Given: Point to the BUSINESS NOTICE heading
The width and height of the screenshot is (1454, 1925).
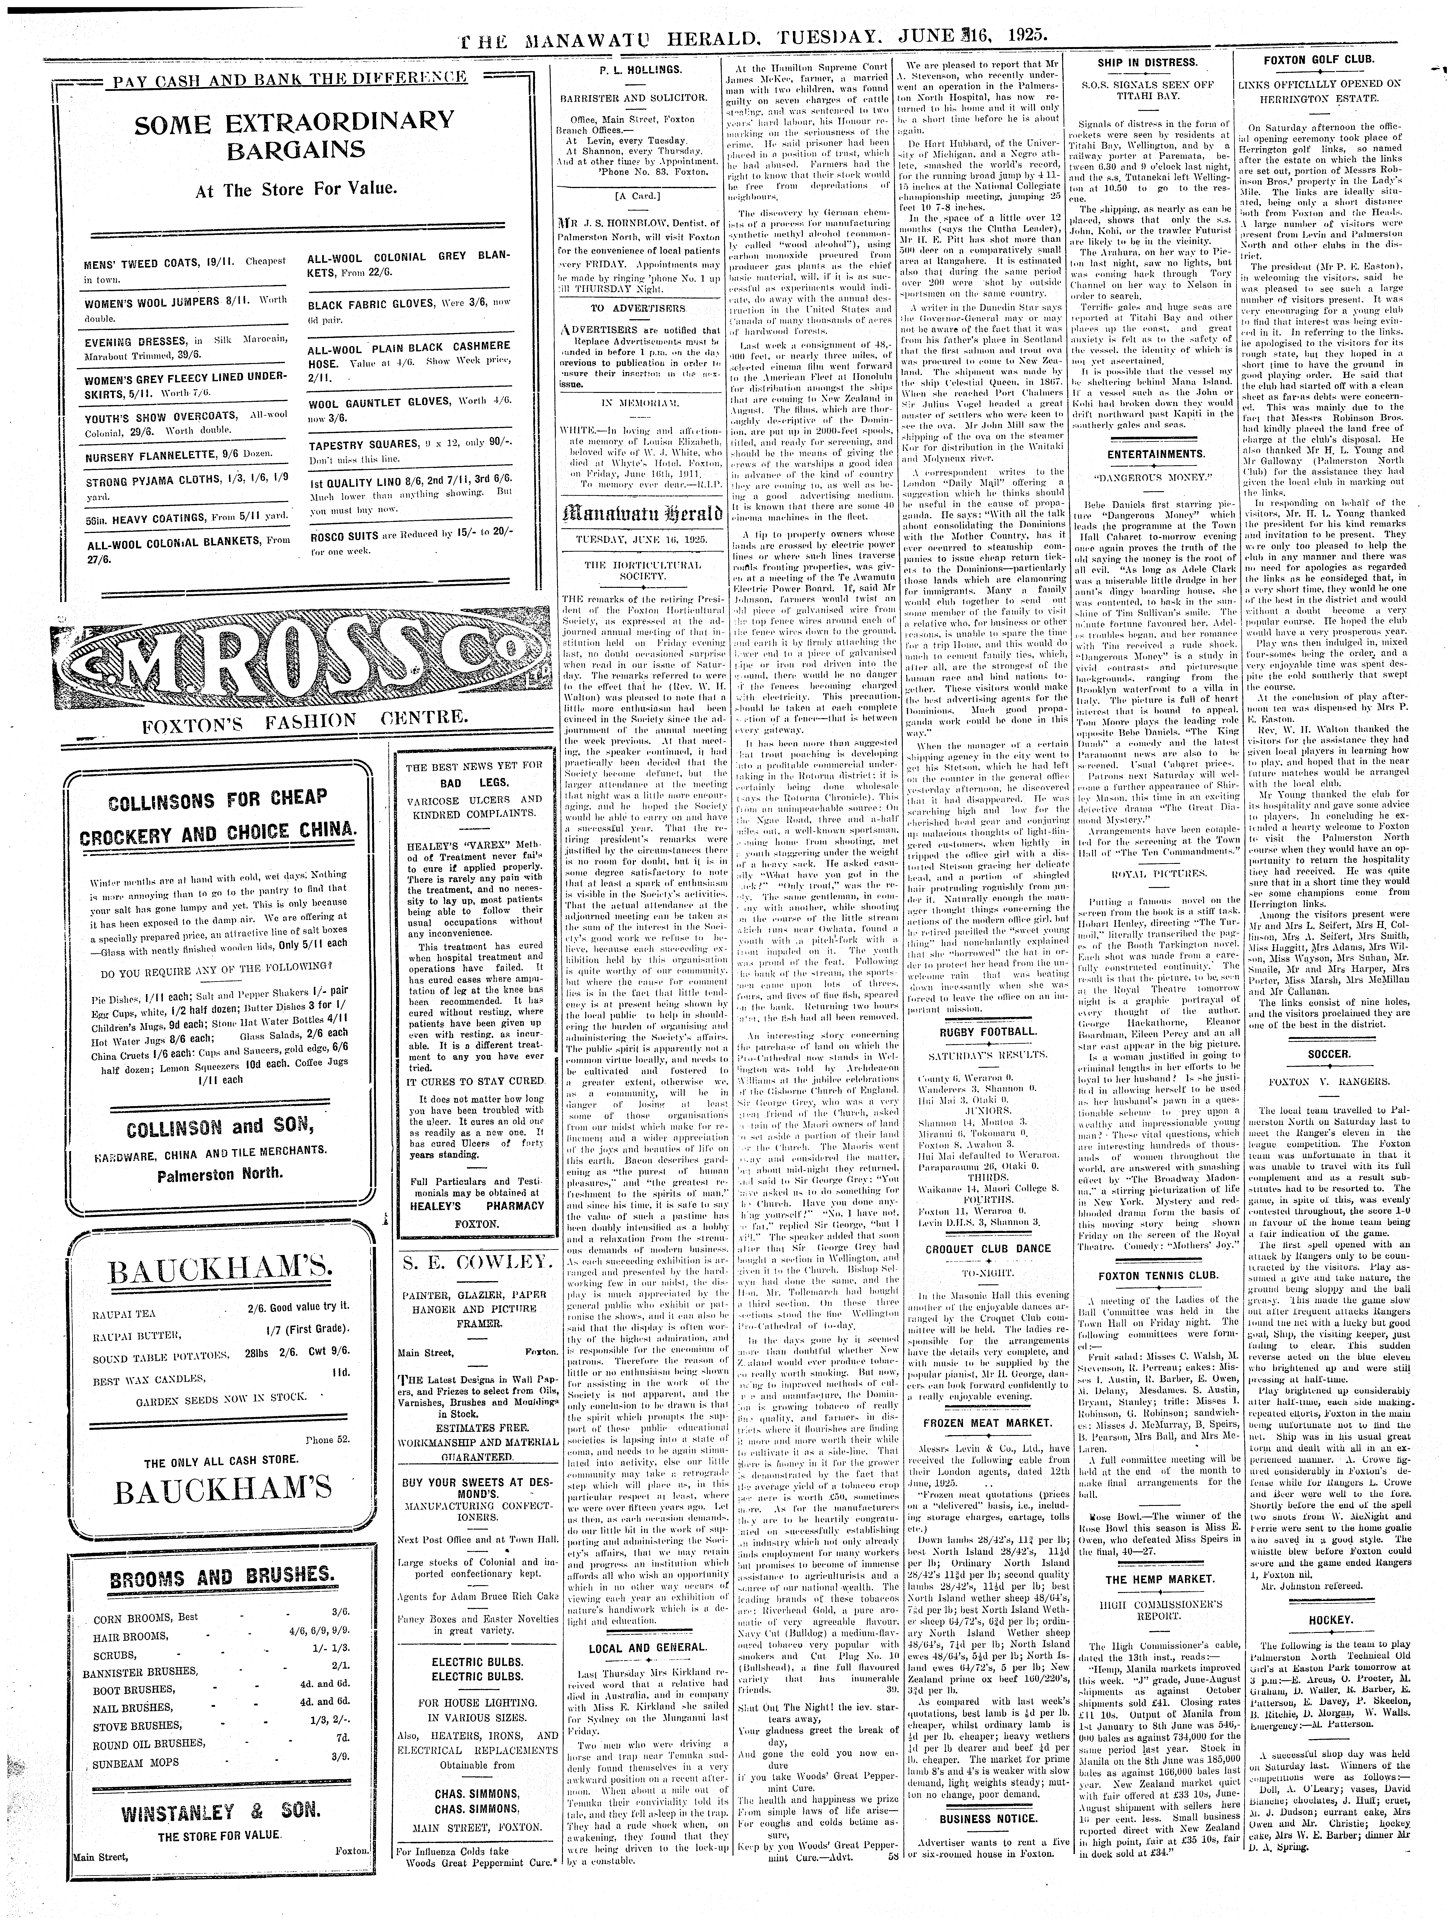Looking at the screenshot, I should tap(987, 1885).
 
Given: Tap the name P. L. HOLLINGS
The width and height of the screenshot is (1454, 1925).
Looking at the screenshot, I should tap(634, 68).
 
